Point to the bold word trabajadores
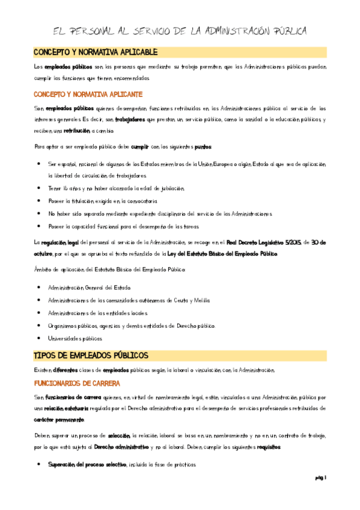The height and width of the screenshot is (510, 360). (130, 120)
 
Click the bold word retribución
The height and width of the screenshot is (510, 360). (78, 131)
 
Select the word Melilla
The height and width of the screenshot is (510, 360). (202, 300)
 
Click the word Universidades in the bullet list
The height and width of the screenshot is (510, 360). (66, 339)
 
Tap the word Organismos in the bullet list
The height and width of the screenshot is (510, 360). (64, 325)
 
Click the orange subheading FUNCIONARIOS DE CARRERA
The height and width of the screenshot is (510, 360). (77, 382)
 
